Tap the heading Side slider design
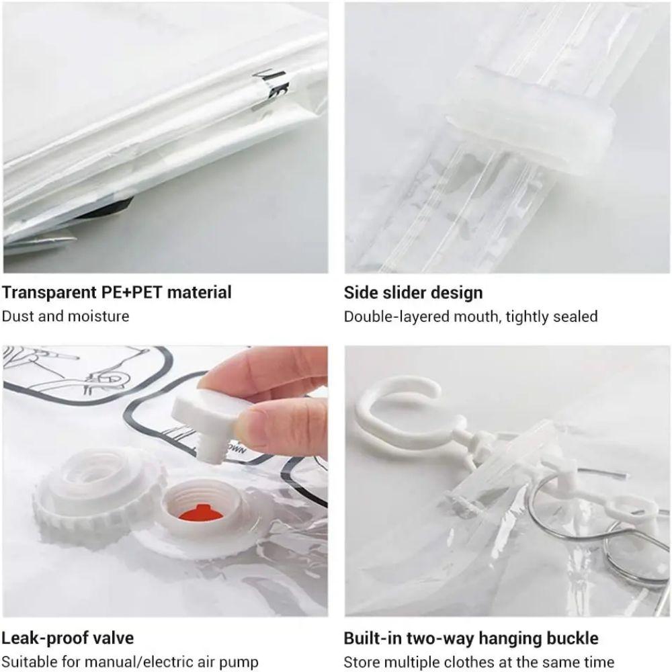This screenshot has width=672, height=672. [x=413, y=293]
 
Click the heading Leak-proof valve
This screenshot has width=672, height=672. [x=67, y=638]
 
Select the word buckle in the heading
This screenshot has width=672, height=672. [x=571, y=638]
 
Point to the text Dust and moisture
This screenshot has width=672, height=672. [x=65, y=316]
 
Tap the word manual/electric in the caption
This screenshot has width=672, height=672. [x=130, y=663]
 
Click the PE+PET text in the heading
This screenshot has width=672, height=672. [x=132, y=293]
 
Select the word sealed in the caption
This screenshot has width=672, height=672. [x=576, y=317]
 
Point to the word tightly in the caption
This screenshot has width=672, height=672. [x=528, y=317]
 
